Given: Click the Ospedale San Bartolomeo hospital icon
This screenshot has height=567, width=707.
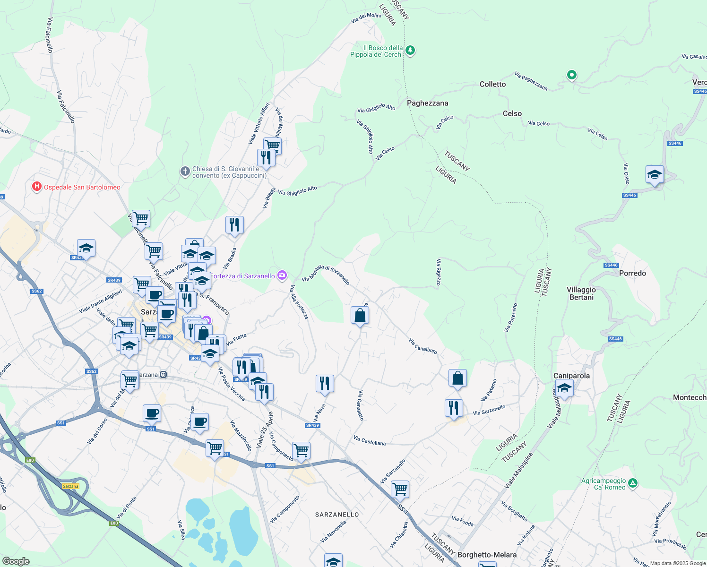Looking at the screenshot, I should coord(37,187).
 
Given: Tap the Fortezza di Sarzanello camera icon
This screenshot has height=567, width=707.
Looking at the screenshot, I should coord(282,275).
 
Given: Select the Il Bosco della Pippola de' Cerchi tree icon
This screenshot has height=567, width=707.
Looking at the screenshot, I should coord(410,51).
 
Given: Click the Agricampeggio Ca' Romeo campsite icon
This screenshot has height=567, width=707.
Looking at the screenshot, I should coord(633,483).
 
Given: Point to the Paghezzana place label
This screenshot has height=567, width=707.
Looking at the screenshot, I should coord(427,103).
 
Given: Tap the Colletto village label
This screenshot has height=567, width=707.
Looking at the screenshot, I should coord(492,84).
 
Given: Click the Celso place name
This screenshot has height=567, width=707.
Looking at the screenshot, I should coord(512,113).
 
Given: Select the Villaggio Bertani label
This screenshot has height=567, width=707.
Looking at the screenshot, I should coord(581,293).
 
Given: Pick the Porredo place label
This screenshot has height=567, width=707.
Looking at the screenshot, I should coord(632,273).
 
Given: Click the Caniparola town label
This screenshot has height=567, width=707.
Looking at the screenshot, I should coord(571,376).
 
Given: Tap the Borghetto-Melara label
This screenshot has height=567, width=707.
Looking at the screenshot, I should coord(487,555).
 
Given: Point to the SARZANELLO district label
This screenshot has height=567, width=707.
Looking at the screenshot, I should coord(337,515).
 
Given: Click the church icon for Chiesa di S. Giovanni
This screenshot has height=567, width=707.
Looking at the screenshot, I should coord(185,172).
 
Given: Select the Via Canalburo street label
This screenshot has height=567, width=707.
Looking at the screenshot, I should coord(422,346).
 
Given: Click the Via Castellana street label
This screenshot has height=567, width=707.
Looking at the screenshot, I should coord(369,441).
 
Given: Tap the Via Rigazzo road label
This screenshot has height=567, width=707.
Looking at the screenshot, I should coord(439,272).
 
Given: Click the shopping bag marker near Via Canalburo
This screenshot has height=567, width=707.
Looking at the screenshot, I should coord(457,378).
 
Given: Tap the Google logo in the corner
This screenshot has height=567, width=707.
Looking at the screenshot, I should coord(16,561).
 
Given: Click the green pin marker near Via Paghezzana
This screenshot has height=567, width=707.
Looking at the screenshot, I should coord(571,75).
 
